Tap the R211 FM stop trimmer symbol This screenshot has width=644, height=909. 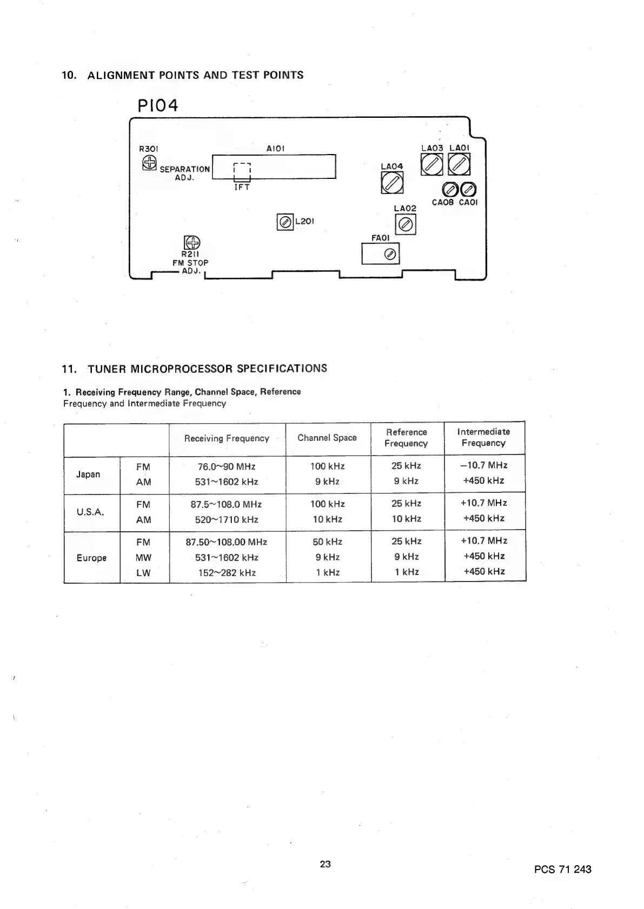(x=192, y=243)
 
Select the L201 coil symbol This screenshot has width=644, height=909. (x=284, y=222)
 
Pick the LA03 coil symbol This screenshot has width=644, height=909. (x=431, y=164)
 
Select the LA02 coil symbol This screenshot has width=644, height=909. (x=406, y=224)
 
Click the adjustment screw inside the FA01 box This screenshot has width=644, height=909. (x=389, y=255)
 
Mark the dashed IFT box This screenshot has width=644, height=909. (x=242, y=171)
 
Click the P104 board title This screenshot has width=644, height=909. (x=158, y=105)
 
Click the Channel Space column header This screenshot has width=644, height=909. (x=327, y=438)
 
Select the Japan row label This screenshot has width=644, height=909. (x=88, y=474)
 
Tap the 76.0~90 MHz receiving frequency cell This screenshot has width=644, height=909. (x=227, y=466)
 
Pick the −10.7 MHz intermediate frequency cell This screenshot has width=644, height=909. (x=484, y=465)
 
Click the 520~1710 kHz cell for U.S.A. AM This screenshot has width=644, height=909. (x=227, y=520)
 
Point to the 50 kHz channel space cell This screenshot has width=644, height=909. (x=327, y=542)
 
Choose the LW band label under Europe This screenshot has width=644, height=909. (x=143, y=573)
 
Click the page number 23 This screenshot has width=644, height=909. (x=325, y=864)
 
